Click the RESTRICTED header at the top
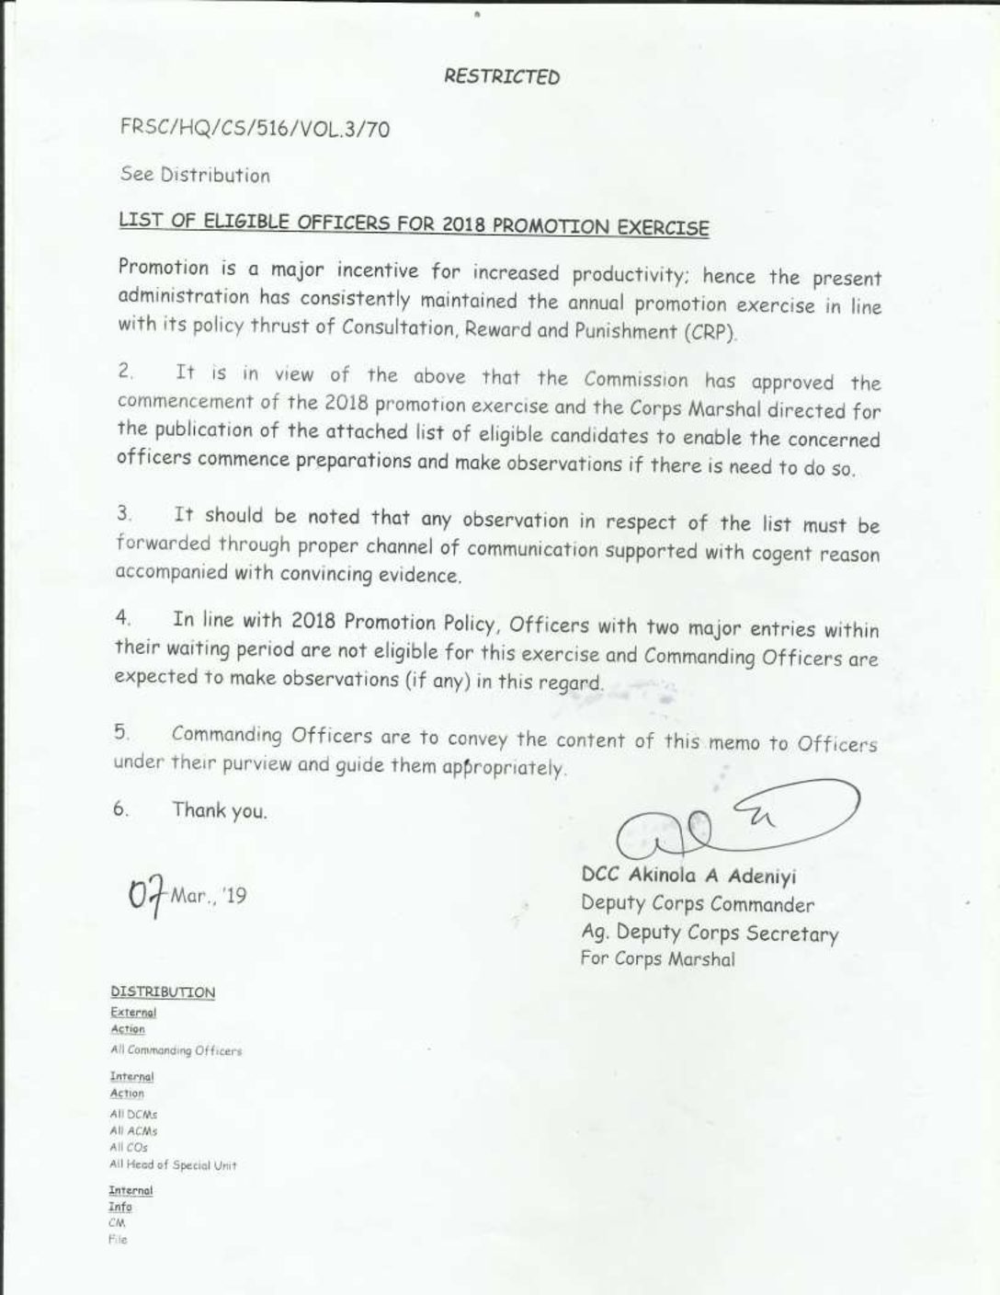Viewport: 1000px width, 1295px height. [501, 77]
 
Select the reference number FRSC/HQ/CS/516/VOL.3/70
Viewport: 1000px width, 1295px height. [255, 129]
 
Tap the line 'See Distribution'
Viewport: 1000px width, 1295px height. [195, 175]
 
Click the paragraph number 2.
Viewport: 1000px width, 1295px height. [126, 372]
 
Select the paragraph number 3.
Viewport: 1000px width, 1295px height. [124, 513]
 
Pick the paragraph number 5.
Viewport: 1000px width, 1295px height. [121, 732]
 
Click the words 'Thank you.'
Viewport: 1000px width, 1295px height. [220, 810]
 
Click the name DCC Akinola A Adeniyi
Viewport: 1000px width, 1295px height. [688, 877]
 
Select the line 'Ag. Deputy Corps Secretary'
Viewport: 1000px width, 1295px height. [709, 933]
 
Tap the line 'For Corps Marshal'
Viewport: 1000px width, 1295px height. [657, 959]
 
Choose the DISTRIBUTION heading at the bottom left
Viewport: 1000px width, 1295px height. [163, 992]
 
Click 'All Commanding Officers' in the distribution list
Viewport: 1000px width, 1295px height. [176, 1050]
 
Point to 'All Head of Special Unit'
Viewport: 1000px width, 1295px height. [173, 1165]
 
